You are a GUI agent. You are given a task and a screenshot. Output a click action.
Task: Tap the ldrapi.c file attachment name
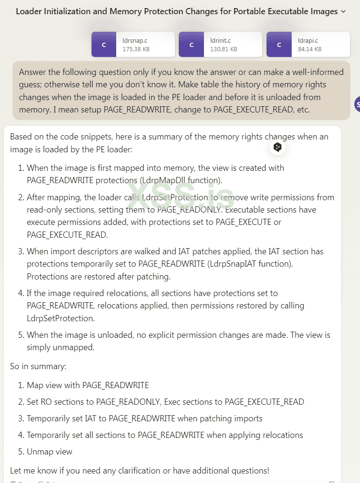[308, 41]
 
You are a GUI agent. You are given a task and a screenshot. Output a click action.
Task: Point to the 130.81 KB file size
[224, 49]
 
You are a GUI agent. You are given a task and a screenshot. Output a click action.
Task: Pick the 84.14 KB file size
[310, 49]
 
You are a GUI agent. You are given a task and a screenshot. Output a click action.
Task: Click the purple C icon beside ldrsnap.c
[104, 45]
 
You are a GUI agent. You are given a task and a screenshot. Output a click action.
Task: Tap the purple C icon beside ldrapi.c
[279, 45]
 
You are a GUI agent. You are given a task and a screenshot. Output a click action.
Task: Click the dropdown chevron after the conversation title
[343, 11]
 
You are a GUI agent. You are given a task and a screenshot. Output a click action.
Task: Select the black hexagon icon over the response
[277, 147]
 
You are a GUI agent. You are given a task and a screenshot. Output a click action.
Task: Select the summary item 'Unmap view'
[49, 451]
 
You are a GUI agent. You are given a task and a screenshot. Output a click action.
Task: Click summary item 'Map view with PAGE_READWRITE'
[88, 385]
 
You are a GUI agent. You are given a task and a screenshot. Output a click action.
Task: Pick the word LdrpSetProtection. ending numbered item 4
[60, 318]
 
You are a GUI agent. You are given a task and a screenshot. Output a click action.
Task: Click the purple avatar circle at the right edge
[357, 103]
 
